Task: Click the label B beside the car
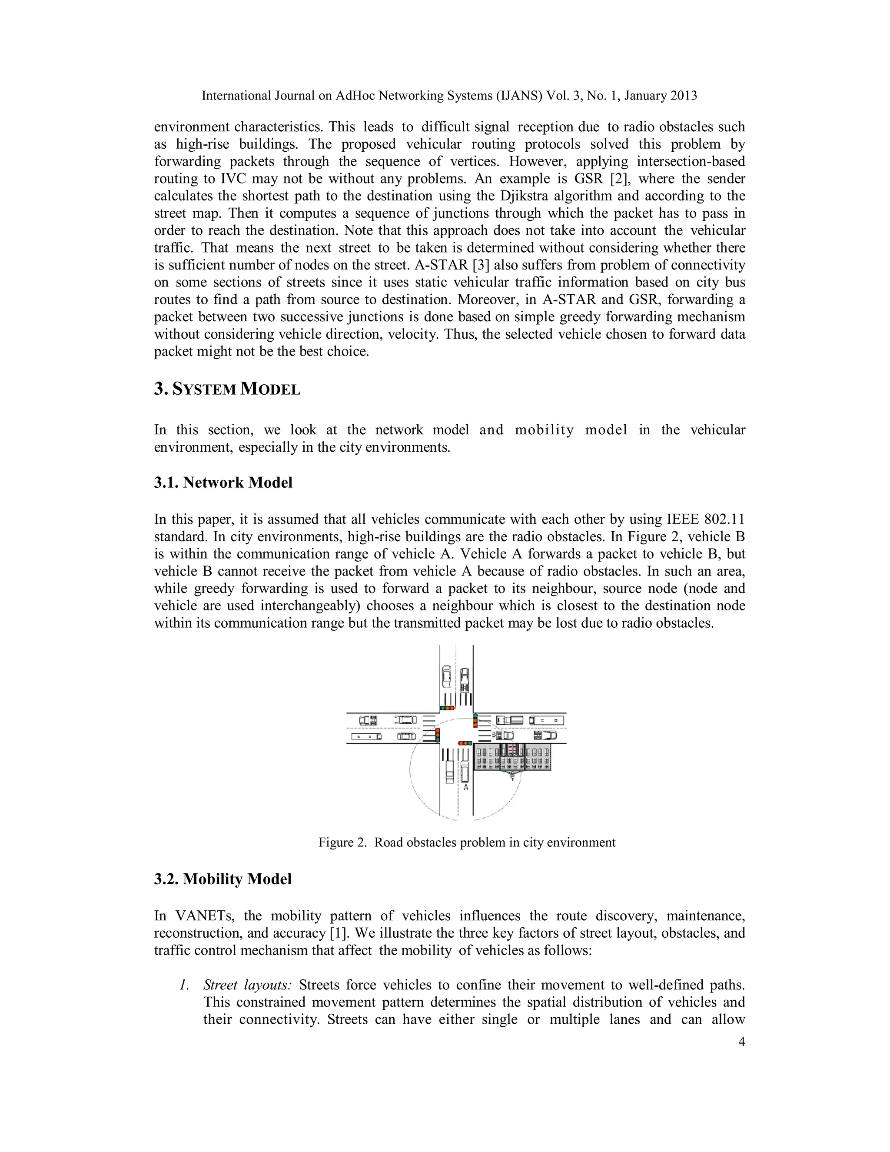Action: point(494,734)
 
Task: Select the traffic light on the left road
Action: point(438,735)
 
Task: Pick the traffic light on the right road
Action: point(475,720)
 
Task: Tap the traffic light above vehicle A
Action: point(465,743)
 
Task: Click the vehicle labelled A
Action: point(465,772)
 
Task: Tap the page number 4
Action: point(741,1041)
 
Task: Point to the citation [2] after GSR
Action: point(618,178)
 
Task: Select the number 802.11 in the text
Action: point(724,519)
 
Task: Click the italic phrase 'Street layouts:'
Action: point(247,985)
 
